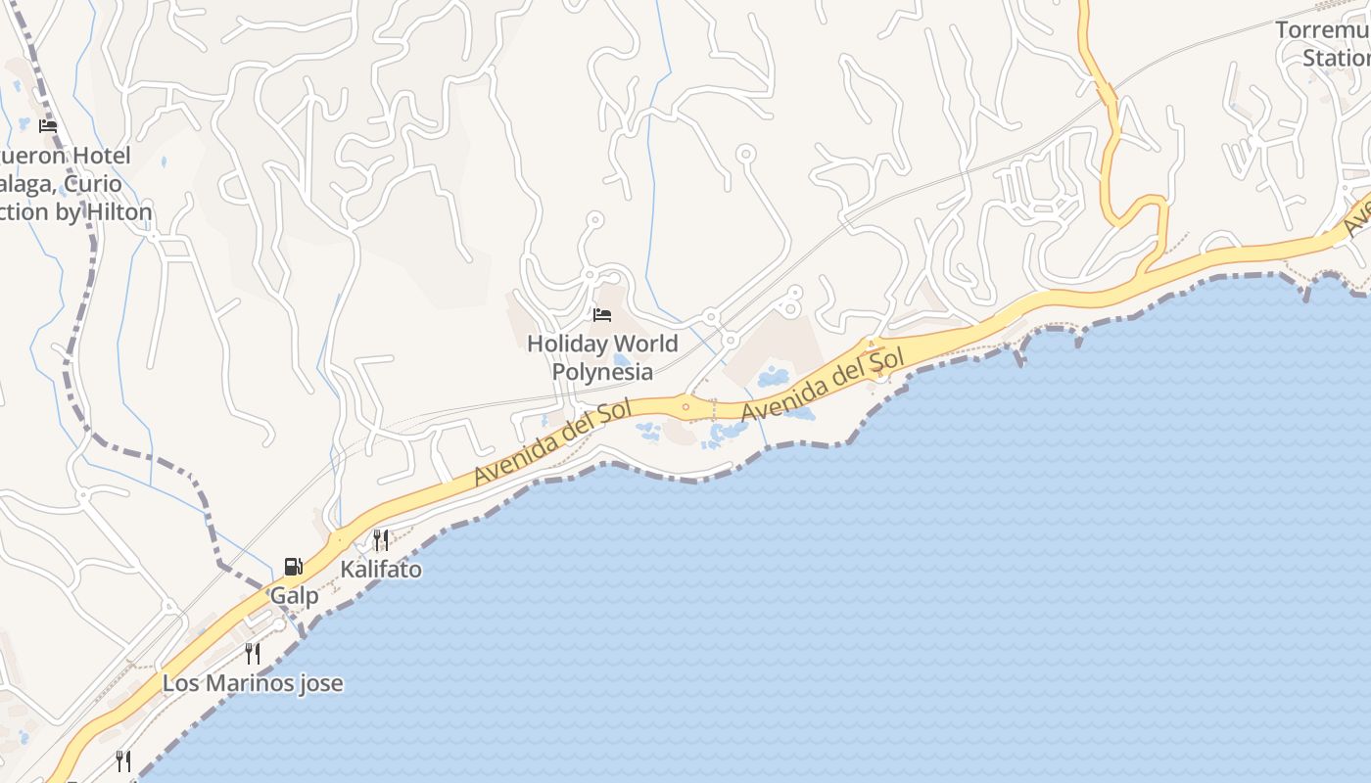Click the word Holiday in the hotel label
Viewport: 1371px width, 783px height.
(x=560, y=345)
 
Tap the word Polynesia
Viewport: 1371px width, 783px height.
(x=602, y=372)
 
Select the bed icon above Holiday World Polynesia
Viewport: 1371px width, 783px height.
(x=602, y=315)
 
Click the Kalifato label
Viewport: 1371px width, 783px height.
(x=381, y=570)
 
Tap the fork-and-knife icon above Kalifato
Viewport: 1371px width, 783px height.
(x=381, y=539)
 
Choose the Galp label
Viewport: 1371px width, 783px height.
(x=294, y=596)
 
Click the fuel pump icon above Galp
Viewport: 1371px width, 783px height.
(x=293, y=566)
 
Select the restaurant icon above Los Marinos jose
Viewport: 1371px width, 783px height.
(x=253, y=653)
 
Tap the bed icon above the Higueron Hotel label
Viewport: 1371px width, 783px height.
(x=48, y=126)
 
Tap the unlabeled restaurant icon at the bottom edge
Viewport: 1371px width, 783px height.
(x=123, y=760)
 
